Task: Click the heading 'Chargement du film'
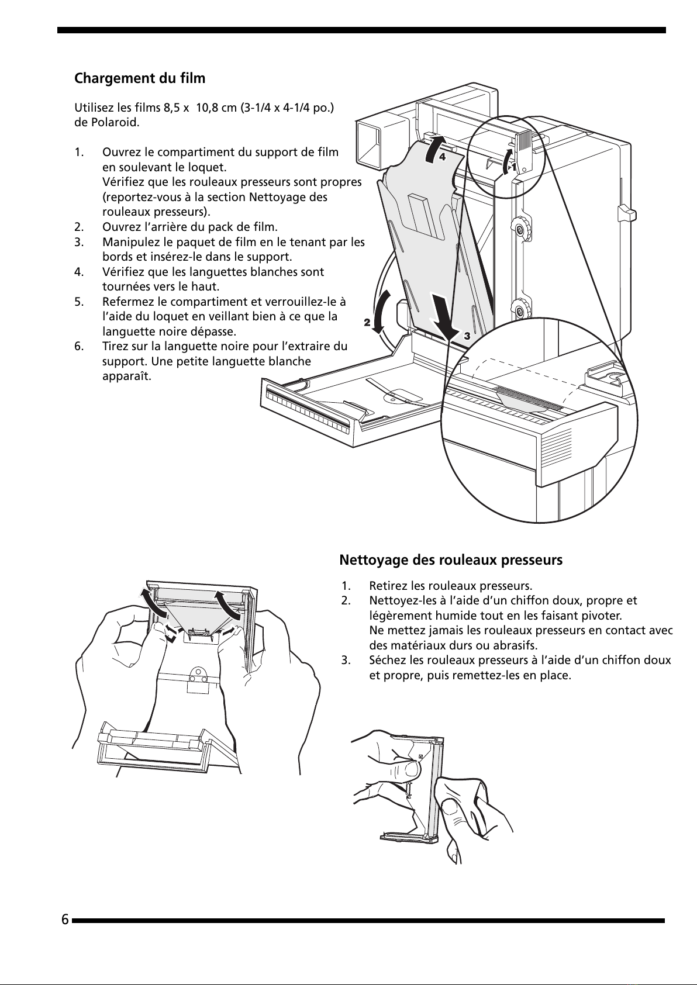tap(140, 78)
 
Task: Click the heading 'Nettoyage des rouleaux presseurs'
tap(451, 560)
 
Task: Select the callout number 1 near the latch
tap(513, 167)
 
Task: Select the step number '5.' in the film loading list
tap(80, 302)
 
